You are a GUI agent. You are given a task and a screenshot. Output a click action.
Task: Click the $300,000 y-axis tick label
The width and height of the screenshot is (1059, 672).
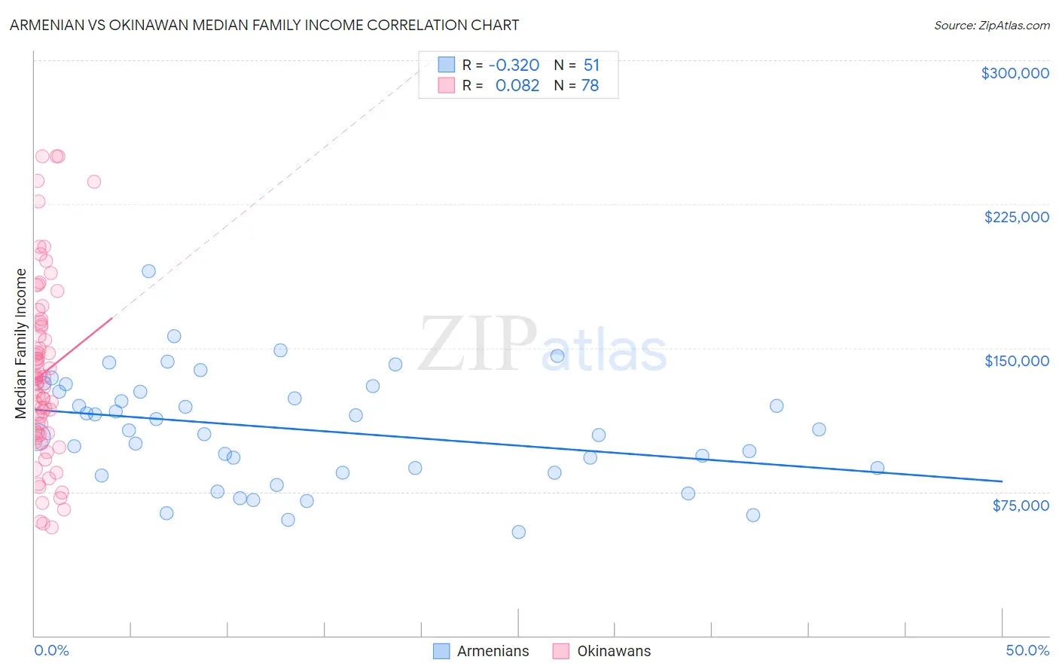click(x=1015, y=73)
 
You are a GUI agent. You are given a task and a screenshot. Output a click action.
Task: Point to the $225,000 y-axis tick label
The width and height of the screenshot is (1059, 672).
click(x=1016, y=217)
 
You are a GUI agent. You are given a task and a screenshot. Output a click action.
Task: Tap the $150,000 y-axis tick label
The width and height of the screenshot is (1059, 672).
click(x=1016, y=361)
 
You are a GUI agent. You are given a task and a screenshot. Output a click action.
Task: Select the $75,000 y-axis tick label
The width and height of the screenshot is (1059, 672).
click(x=1020, y=506)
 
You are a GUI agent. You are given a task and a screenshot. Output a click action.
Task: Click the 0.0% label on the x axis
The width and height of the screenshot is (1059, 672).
click(x=51, y=650)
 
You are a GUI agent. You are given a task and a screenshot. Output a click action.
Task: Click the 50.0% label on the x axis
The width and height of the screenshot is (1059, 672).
click(x=1027, y=650)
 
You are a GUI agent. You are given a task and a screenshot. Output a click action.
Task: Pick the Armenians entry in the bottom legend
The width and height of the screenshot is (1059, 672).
click(x=493, y=651)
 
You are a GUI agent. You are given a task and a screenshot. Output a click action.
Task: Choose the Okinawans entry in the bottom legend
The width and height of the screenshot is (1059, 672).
click(x=613, y=651)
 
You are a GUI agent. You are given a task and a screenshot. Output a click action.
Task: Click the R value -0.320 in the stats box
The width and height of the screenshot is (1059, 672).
click(x=514, y=65)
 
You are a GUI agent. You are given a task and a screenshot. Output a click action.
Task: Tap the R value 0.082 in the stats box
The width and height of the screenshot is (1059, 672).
click(x=517, y=86)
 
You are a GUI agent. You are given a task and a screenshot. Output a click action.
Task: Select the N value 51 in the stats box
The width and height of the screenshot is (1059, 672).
click(x=591, y=65)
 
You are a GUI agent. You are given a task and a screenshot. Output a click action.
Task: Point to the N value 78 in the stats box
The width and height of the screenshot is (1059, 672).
click(x=590, y=86)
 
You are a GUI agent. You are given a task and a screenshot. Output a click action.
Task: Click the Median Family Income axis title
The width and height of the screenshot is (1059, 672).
click(x=21, y=344)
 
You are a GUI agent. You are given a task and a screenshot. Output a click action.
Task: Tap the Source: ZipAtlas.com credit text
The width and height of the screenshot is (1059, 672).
click(x=991, y=26)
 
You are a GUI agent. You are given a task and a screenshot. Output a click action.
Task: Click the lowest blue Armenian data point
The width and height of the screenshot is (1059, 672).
click(x=518, y=532)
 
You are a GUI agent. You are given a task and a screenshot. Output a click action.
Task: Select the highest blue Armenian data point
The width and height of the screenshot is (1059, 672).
click(x=148, y=271)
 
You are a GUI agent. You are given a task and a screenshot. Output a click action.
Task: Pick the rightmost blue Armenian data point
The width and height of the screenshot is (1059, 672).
click(x=877, y=468)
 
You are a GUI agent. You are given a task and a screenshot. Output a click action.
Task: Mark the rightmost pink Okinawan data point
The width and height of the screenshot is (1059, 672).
click(x=94, y=182)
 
